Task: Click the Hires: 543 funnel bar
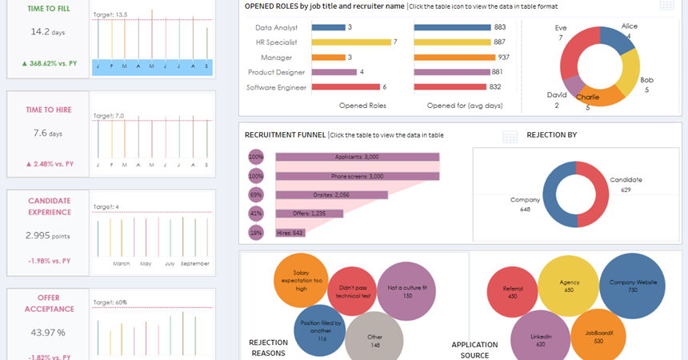pyautogui.click(x=290, y=233)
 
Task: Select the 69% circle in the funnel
pyautogui.click(x=256, y=194)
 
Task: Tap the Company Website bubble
pyautogui.click(x=633, y=286)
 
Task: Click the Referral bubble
pyautogui.click(x=512, y=289)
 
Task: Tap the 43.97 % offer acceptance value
pyautogui.click(x=47, y=332)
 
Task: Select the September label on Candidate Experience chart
pyautogui.click(x=195, y=263)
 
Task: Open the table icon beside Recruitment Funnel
pyautogui.click(x=510, y=137)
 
